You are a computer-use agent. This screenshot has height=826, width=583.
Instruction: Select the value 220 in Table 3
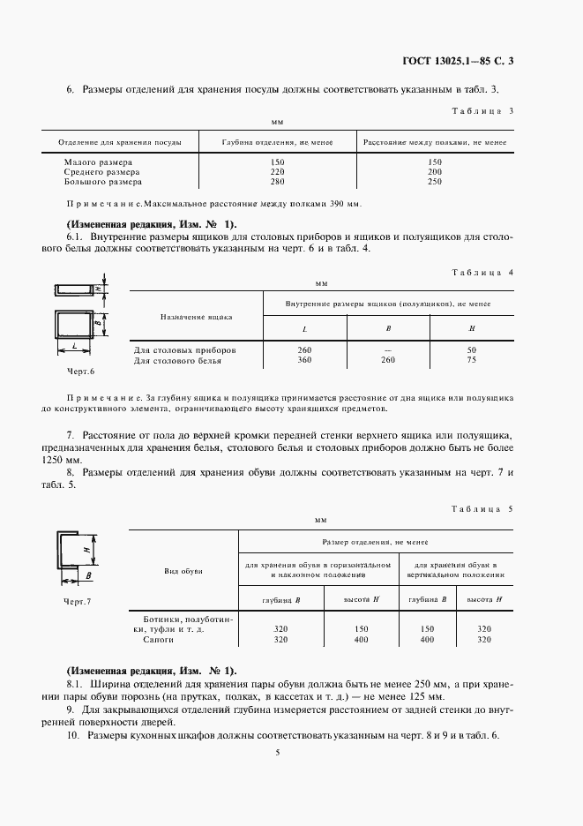point(278,172)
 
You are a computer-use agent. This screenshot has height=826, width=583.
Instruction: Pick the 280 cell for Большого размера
point(278,182)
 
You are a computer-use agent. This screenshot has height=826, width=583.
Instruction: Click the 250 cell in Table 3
point(434,182)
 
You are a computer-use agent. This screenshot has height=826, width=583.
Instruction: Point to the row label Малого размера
point(98,162)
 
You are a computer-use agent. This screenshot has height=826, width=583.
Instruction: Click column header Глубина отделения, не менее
point(278,141)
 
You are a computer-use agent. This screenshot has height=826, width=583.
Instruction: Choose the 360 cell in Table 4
point(305,361)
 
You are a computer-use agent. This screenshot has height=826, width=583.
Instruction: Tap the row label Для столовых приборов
point(184,351)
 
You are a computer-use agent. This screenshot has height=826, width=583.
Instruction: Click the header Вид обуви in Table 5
point(183,572)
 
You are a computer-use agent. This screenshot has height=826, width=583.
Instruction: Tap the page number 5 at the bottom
point(277,753)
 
